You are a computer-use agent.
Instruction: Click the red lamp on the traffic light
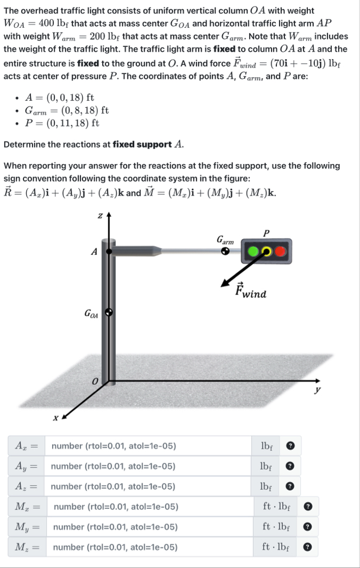point(280,252)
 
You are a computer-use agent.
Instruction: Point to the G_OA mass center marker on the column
point(109,313)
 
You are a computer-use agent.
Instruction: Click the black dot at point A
point(109,252)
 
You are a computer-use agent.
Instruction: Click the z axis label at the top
point(100,216)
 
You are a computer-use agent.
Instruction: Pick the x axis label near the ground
point(55,419)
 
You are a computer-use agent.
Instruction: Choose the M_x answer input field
point(150,507)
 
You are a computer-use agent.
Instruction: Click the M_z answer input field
point(150,547)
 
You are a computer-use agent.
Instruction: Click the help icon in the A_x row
point(290,446)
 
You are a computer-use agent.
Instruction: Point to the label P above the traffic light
point(265,233)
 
